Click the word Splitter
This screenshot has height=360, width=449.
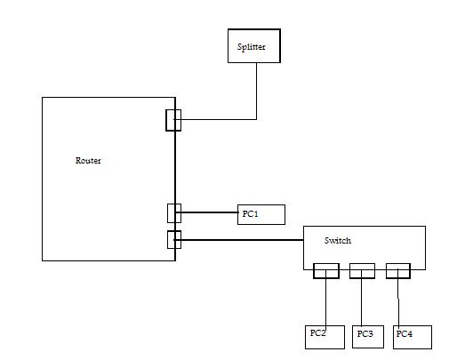pos(251,47)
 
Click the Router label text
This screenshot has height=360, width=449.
pos(88,161)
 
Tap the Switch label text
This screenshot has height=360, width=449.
pos(338,240)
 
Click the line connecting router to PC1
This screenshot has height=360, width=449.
pos(207,212)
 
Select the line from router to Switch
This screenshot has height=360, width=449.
pos(239,240)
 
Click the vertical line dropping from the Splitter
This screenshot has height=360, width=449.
pos(256,92)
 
